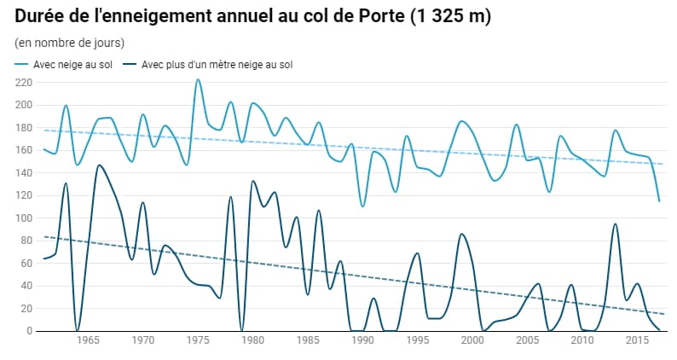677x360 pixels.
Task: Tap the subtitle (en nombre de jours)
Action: pos(70,43)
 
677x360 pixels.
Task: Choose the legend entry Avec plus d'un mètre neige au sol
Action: pos(217,65)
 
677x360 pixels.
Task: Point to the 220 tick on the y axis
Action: pos(23,83)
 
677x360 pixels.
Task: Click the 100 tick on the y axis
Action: pos(23,218)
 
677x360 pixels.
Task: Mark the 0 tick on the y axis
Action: pos(29,331)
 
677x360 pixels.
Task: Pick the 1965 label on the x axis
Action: pos(88,340)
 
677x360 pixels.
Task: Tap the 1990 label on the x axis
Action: pos(362,340)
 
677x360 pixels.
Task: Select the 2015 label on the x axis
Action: pos(637,340)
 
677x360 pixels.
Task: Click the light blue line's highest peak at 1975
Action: pos(198,79)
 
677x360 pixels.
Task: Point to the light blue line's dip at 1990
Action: pos(362,206)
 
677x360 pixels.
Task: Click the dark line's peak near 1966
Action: pos(99,165)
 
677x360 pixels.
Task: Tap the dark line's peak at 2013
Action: pos(615,224)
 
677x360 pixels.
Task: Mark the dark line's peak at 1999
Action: pos(461,234)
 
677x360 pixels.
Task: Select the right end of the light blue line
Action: pos(659,201)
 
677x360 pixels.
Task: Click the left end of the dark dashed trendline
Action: pos(44,236)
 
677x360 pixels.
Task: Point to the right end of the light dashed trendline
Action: pos(663,164)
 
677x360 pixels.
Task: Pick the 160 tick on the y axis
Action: pos(23,150)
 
